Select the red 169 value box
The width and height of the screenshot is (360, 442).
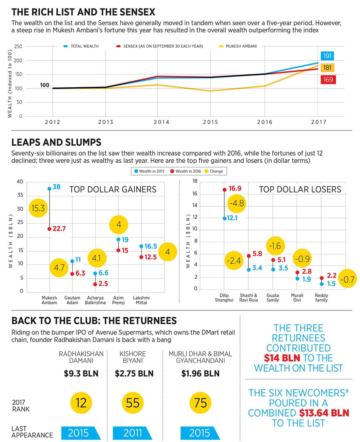[328, 80]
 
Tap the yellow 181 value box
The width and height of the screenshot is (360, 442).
[328, 68]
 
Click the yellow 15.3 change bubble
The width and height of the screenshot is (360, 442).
[39, 209]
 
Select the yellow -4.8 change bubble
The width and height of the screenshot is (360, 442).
[236, 203]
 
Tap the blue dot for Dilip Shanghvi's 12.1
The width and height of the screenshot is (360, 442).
[224, 218]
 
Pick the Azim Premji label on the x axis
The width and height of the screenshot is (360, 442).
[118, 300]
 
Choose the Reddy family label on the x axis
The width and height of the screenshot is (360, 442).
[321, 298]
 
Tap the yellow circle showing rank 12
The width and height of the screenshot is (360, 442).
[81, 403]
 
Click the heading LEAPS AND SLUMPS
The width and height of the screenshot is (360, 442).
[56, 142]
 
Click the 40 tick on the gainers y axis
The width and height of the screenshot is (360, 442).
[20, 182]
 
